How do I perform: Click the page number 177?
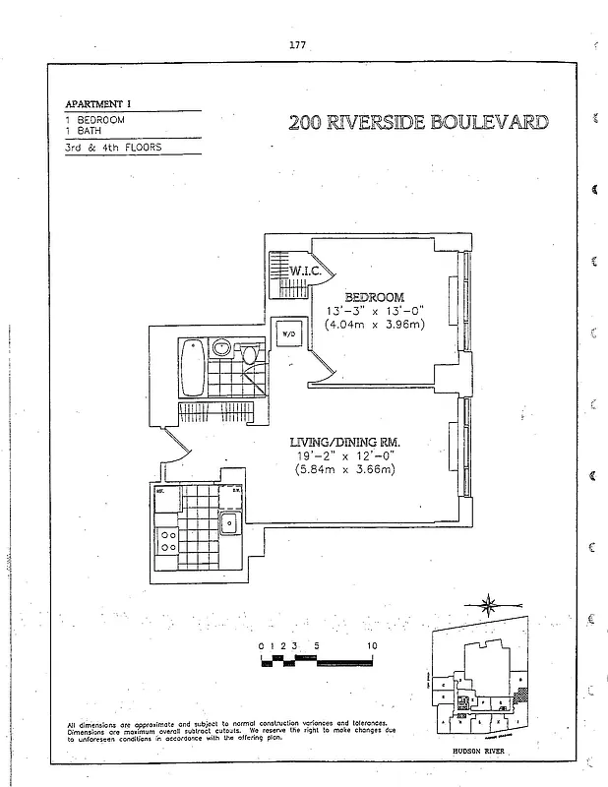coord(298,44)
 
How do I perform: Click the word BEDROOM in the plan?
coord(373,297)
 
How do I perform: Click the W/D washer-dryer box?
coord(288,334)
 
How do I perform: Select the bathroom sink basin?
coord(221,348)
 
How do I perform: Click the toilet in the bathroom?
coord(250,353)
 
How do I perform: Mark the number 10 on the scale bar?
coord(373,646)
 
